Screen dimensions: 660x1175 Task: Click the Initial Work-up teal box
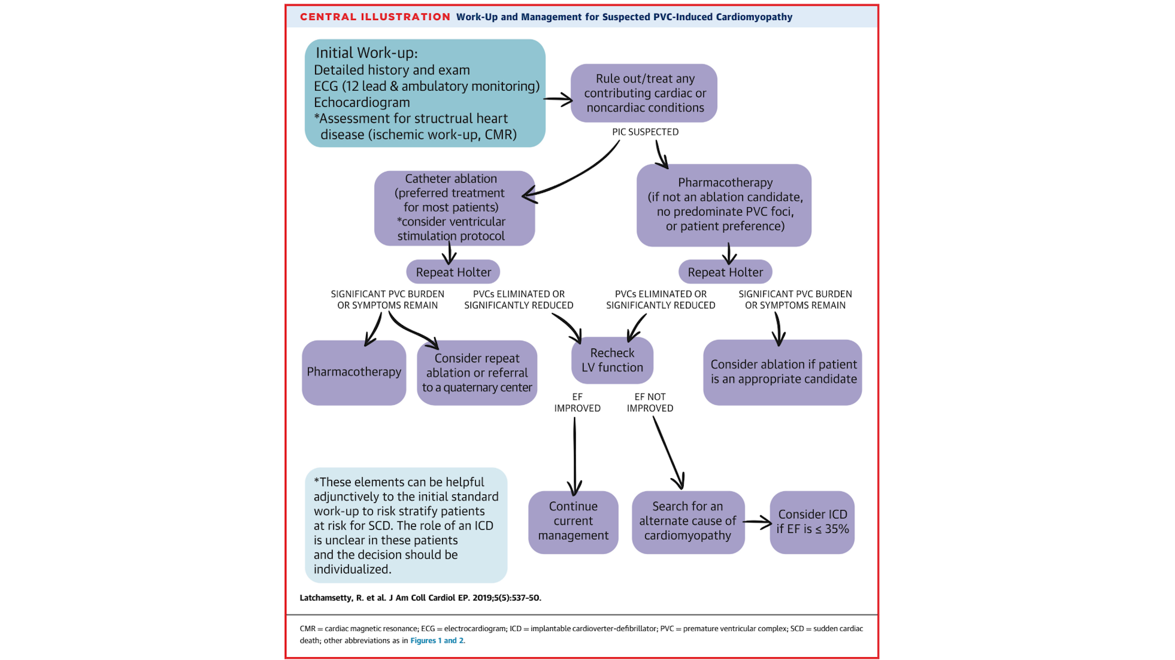[425, 93]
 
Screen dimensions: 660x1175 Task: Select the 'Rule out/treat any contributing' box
[644, 93]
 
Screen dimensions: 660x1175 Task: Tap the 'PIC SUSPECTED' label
[645, 132]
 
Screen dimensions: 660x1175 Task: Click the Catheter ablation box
[454, 208]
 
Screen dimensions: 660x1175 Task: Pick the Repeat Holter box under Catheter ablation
[453, 272]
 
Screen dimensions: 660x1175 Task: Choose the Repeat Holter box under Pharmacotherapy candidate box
[725, 272]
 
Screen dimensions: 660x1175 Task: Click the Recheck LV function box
[612, 360]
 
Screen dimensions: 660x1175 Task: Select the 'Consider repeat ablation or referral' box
[477, 373]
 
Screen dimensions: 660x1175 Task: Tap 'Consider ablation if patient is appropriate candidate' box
[783, 372]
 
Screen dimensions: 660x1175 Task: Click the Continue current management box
[573, 521]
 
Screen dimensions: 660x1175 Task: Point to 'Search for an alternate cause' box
[688, 521]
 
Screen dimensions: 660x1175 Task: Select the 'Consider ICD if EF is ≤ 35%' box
[812, 522]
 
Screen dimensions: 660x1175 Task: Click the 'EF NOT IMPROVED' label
[650, 403]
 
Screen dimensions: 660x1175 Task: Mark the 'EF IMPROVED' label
[577, 403]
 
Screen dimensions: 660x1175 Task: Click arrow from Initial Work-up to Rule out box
[558, 100]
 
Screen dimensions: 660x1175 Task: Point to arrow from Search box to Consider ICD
[757, 522]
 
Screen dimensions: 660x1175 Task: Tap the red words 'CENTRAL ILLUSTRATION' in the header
[375, 17]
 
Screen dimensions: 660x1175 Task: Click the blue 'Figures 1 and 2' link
[437, 641]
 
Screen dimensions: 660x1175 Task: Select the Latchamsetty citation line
[420, 598]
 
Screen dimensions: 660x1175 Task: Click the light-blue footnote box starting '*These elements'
[406, 525]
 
